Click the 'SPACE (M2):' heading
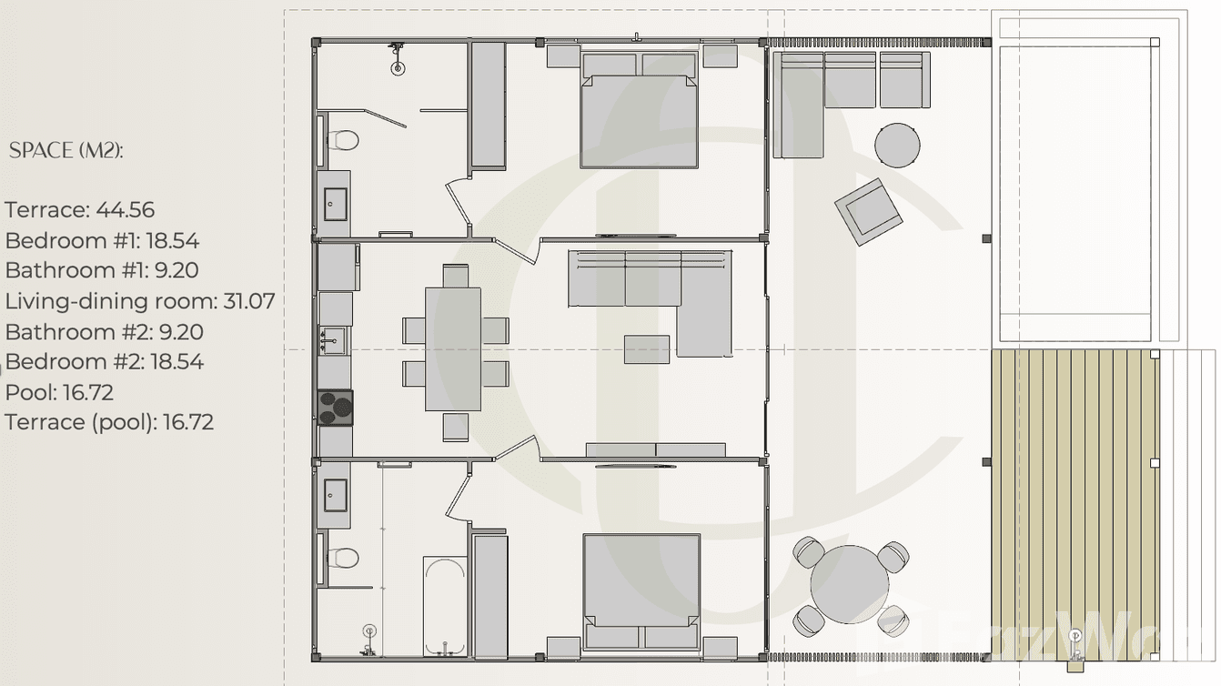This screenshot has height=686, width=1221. click(66, 151)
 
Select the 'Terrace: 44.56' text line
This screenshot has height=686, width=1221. click(80, 210)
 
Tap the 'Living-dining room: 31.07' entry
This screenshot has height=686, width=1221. click(140, 301)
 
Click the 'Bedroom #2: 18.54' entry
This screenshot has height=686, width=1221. click(104, 362)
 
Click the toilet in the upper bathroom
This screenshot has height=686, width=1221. click(343, 141)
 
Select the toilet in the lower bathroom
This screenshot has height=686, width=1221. click(343, 558)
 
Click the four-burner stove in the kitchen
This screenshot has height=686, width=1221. click(335, 408)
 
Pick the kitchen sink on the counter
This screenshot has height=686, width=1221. click(333, 341)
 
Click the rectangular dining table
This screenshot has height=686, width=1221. click(453, 348)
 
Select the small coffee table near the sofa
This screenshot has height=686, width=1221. click(647, 349)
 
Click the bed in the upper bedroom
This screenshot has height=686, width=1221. click(640, 111)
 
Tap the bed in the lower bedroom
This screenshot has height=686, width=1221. click(641, 591)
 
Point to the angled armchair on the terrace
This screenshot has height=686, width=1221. click(869, 212)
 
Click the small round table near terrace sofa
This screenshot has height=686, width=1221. click(897, 146)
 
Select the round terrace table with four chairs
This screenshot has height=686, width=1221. click(850, 584)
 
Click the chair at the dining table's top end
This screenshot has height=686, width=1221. click(455, 276)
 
